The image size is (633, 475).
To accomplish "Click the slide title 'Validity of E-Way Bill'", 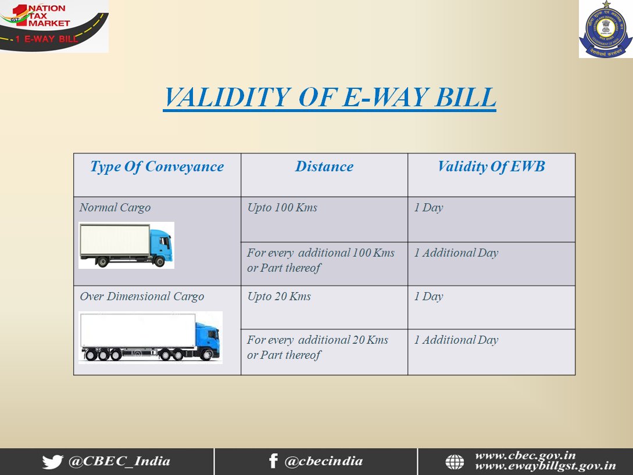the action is pos(330,98).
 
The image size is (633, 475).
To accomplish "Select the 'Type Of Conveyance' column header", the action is pos(157,167).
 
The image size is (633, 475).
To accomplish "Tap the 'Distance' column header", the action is pos(324,166).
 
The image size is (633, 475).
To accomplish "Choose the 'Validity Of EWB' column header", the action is pos(491,167).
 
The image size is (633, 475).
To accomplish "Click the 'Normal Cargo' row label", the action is pos(115,208).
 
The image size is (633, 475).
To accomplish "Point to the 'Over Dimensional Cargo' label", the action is pos(142,296).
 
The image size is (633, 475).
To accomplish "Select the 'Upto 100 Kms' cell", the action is pos(282,208).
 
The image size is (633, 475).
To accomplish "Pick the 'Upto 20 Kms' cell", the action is pos(279,296).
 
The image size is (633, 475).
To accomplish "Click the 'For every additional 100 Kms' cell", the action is pos(321,260).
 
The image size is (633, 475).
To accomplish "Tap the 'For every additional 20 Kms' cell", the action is pos(318,347).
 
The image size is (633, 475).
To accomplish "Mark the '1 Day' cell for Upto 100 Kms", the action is pos(429,208).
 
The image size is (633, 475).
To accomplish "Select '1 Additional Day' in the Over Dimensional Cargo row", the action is pos(456,340).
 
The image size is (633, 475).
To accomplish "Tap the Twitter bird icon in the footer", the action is pos(52,462).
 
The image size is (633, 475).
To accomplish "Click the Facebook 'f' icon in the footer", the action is pos(273,461).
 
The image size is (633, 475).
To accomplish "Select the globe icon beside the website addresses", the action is pos(455,462).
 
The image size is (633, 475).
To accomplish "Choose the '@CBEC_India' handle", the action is pos(120,461).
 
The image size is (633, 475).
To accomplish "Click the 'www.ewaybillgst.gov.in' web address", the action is pos(545,467).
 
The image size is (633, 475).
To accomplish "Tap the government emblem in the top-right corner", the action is pos(606,29).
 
